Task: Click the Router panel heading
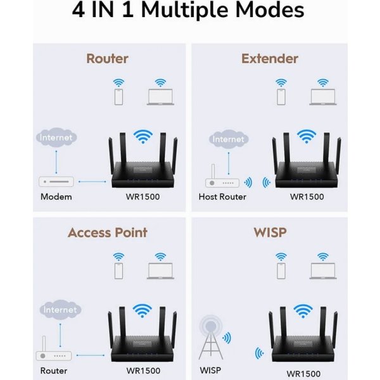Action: (x=107, y=59)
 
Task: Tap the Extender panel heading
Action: (x=269, y=59)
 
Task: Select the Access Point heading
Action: (x=107, y=232)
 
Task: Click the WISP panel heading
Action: (x=269, y=232)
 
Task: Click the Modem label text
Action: (x=56, y=196)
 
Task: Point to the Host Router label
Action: (x=222, y=196)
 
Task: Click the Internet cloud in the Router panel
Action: (x=57, y=137)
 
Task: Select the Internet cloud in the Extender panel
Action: (x=228, y=139)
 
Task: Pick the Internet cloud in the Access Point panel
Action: (x=61, y=310)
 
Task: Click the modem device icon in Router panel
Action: (x=57, y=182)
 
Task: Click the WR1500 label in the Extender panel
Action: (x=307, y=196)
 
